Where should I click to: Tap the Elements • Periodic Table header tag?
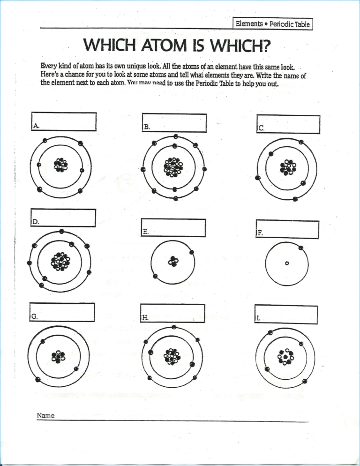pos(272,24)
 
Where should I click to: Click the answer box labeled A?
pos(64,122)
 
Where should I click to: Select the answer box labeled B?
pos(174,122)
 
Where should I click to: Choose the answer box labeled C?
pos(288,124)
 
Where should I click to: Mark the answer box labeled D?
pos(63,218)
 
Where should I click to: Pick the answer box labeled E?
pos(173,228)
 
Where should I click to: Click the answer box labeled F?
pos(287,230)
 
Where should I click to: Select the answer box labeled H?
pos(173,314)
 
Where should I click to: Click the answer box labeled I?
pos(286,315)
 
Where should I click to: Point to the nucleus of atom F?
pos(287,263)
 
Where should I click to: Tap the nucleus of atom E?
pos(173,261)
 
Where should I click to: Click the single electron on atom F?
pos(301,248)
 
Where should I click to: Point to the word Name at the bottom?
pos(45,416)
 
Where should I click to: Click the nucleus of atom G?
pos(59,356)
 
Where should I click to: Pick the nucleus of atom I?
pos(285,357)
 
